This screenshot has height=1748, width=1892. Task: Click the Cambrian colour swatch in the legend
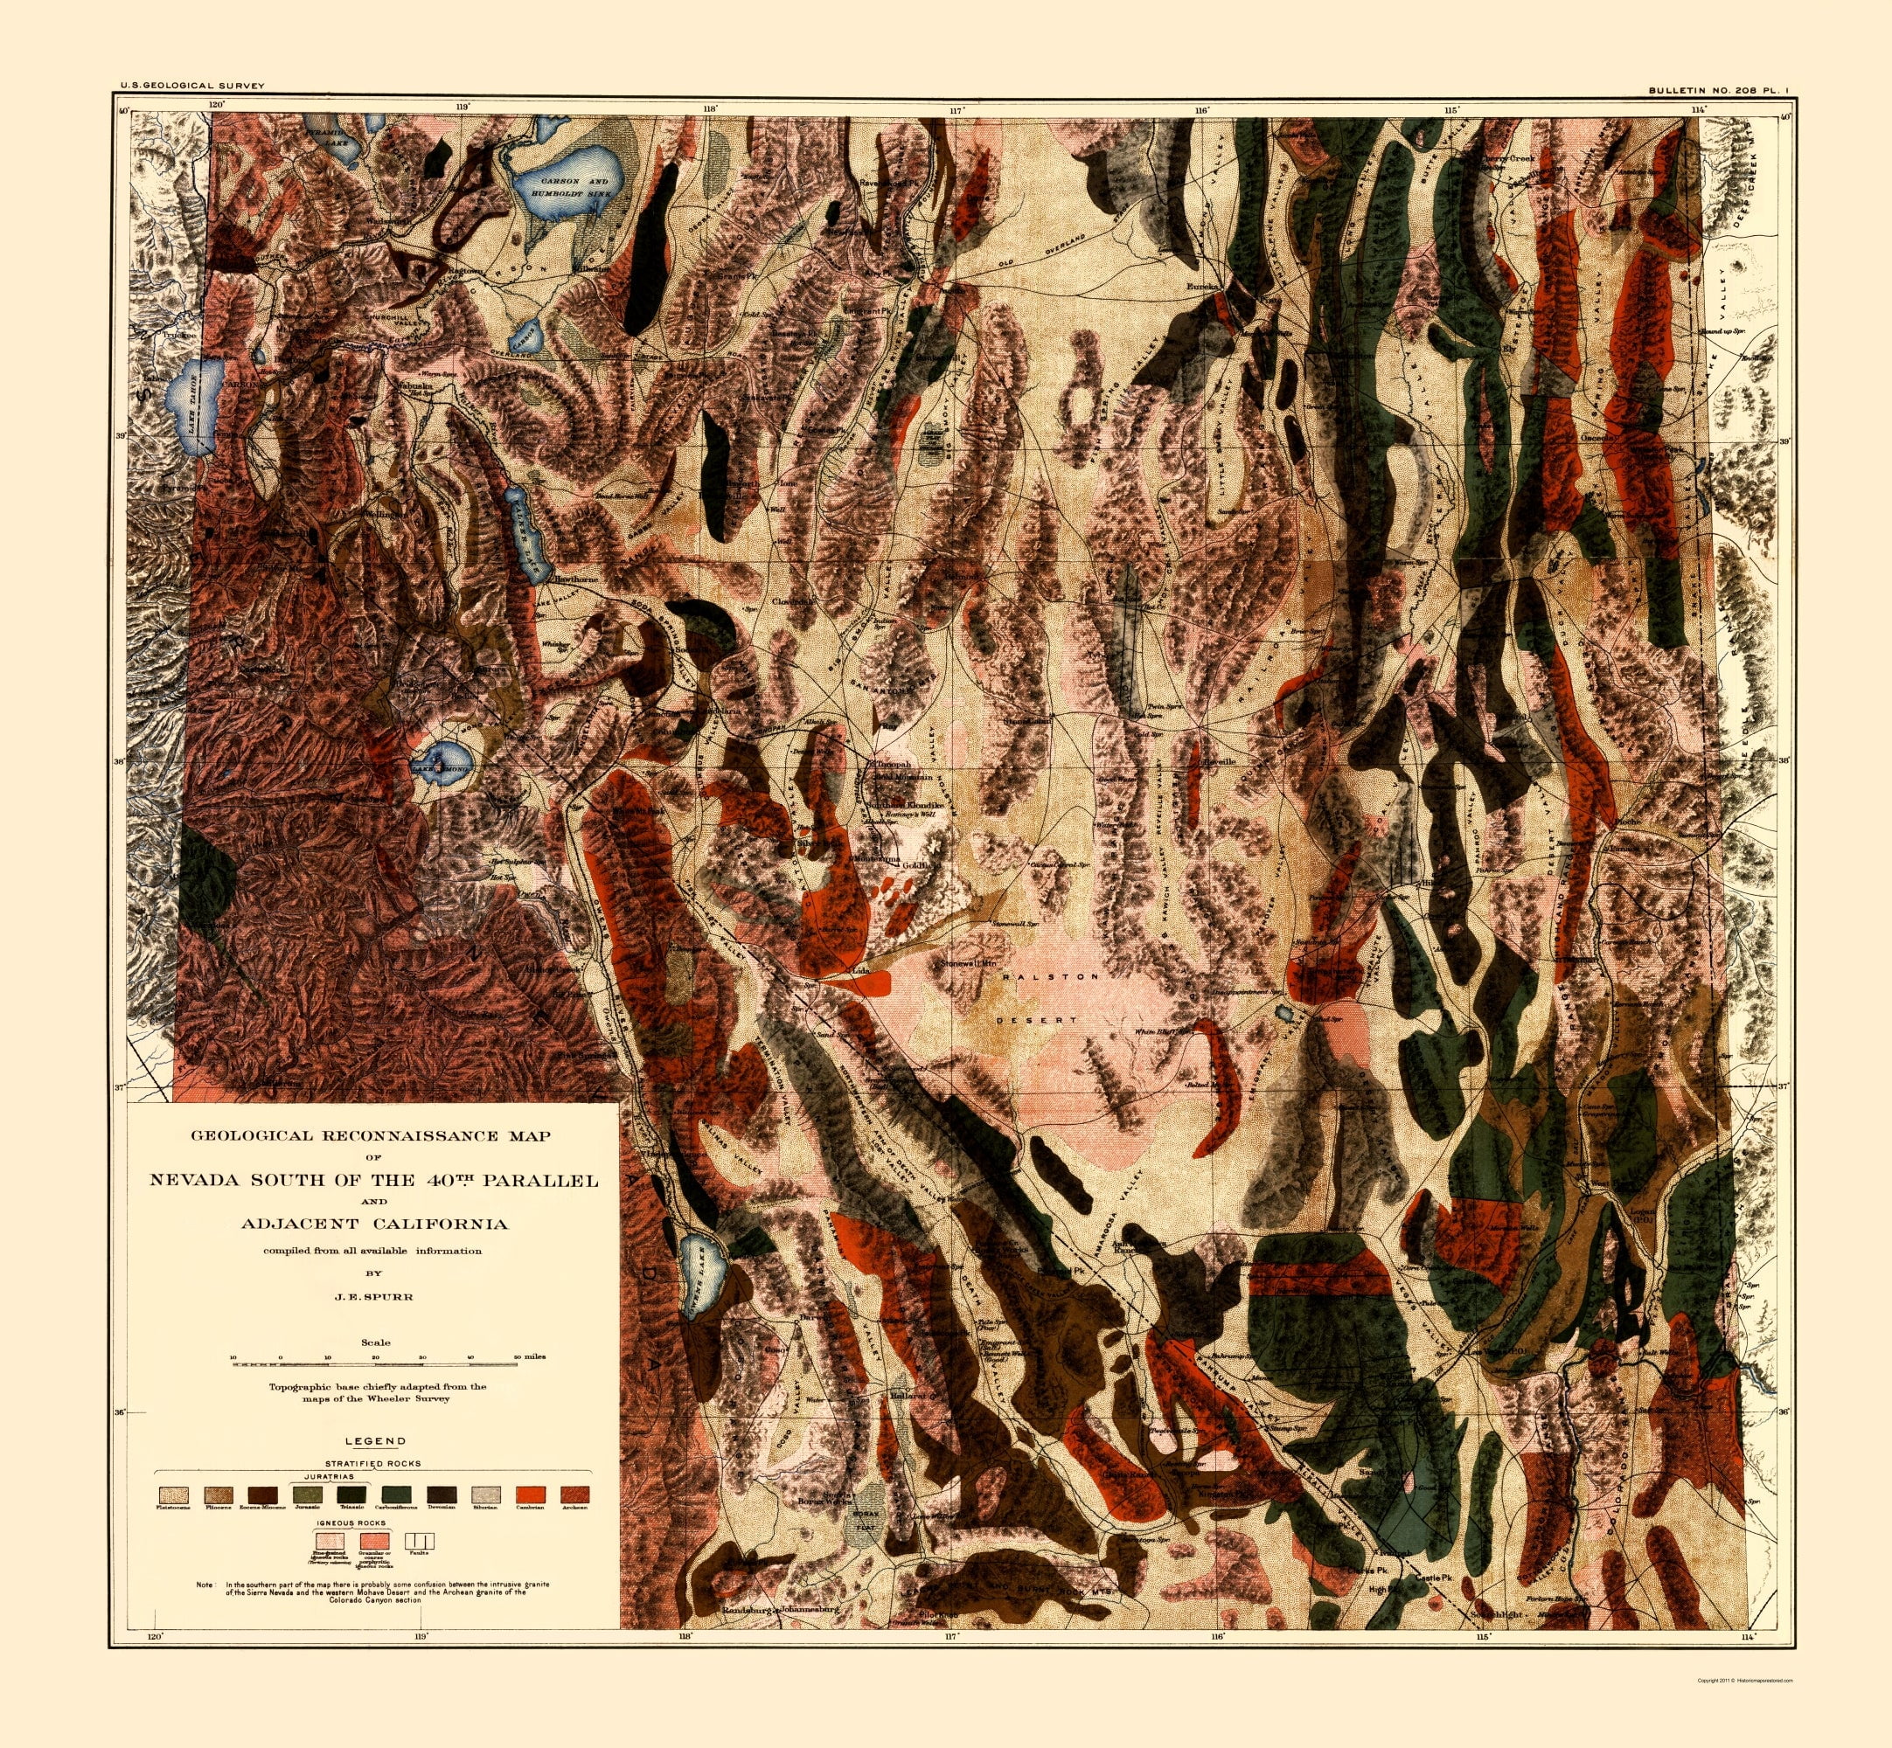click(x=531, y=1495)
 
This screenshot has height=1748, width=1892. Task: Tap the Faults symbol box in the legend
click(x=418, y=1542)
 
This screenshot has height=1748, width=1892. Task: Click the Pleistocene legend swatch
click(x=173, y=1495)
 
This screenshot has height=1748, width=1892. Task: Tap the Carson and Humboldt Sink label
click(x=574, y=185)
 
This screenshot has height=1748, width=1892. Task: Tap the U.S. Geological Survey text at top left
click(x=192, y=86)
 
